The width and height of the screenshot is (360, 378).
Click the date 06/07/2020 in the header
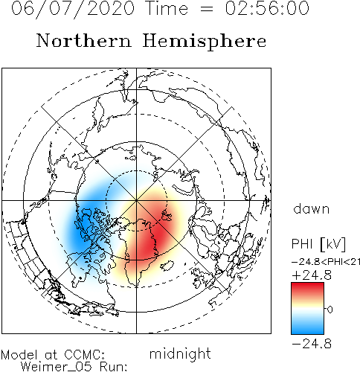coord(73,9)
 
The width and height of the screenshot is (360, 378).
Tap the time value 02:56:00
coord(267,8)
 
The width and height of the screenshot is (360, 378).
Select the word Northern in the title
coord(83,41)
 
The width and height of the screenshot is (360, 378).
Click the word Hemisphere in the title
coord(205,42)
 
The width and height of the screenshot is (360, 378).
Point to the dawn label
coord(311,209)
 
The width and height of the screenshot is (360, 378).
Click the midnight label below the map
coord(180,354)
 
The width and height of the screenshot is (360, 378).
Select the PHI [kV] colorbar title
coord(318,244)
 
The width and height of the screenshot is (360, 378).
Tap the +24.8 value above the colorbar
coord(312,275)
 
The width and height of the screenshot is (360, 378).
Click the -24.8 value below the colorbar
coord(312,344)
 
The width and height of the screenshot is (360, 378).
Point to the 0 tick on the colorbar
coord(330,309)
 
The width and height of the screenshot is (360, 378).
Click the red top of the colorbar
coord(307,288)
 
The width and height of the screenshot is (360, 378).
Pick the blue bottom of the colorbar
coord(307,329)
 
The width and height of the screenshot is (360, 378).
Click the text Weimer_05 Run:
coord(74,367)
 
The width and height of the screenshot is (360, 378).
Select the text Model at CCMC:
coord(53,355)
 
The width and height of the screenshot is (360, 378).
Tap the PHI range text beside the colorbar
coord(326,262)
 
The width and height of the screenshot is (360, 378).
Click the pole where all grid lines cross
coord(136,200)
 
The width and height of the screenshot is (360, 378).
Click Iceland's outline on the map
coord(167,266)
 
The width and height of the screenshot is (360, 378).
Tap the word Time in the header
coord(167,8)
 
